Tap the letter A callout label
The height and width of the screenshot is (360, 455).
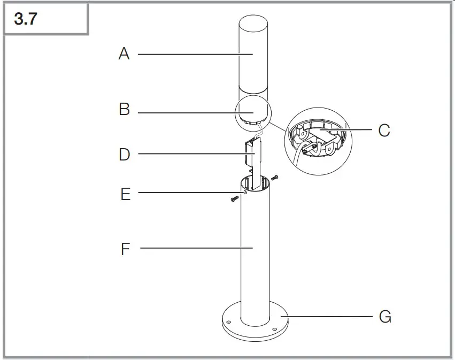tap(124, 53)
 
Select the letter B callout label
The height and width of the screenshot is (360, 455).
tap(124, 110)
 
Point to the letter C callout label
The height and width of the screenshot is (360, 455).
tap(384, 130)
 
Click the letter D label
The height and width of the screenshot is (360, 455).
tap(124, 155)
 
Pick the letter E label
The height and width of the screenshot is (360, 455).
tap(125, 194)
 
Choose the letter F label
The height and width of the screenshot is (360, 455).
tap(125, 249)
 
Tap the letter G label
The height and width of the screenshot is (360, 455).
tap(385, 317)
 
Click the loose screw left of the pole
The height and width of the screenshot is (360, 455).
tap(234, 199)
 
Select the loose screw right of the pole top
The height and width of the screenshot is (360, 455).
tap(274, 177)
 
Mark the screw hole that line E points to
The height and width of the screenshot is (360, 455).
tap(244, 192)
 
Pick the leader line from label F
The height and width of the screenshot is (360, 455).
tap(192, 248)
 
